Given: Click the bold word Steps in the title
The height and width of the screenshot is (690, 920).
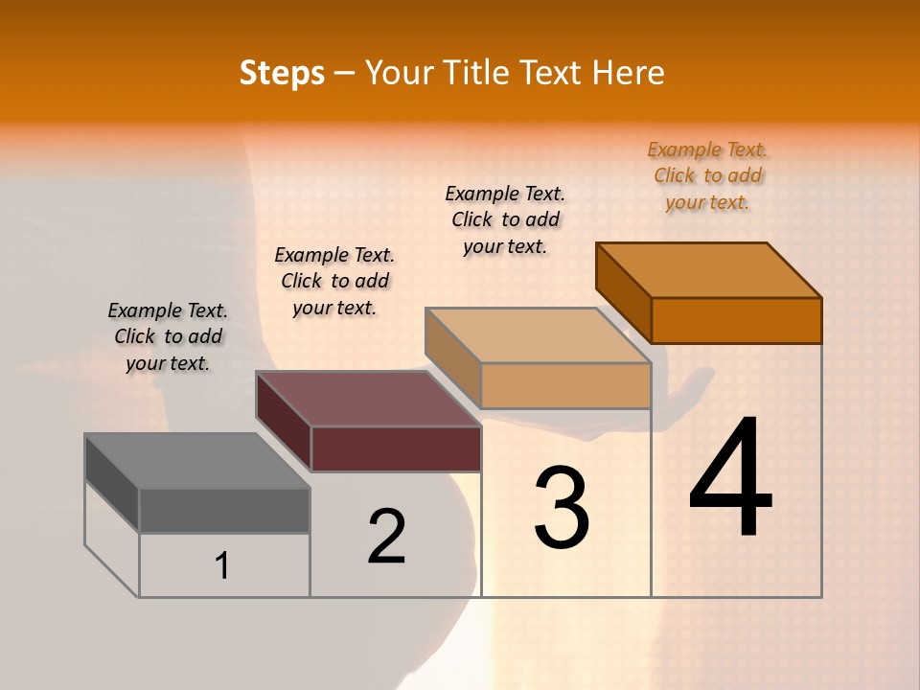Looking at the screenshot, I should [282, 73].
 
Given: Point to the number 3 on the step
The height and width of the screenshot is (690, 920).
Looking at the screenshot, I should [562, 507].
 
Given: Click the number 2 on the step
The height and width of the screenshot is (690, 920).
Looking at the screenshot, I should [386, 537].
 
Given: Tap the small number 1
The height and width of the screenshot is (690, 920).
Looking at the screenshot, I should [222, 565].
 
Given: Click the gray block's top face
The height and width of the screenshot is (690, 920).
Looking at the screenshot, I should [196, 461].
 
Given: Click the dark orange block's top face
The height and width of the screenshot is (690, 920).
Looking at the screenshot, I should [708, 270].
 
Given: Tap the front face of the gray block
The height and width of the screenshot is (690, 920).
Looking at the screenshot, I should [224, 511].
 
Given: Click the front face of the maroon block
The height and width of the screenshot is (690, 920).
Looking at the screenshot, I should [396, 448].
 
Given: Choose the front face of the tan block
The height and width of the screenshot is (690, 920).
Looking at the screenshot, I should [565, 385].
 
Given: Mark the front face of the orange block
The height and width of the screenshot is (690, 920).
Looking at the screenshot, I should [736, 320].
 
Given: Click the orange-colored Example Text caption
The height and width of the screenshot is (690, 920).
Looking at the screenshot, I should [707, 175].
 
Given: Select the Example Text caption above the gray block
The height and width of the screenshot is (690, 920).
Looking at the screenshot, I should [168, 336].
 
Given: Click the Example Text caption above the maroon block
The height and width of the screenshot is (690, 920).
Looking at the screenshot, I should [334, 281].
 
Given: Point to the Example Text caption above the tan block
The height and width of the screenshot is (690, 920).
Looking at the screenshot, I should [505, 219].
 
